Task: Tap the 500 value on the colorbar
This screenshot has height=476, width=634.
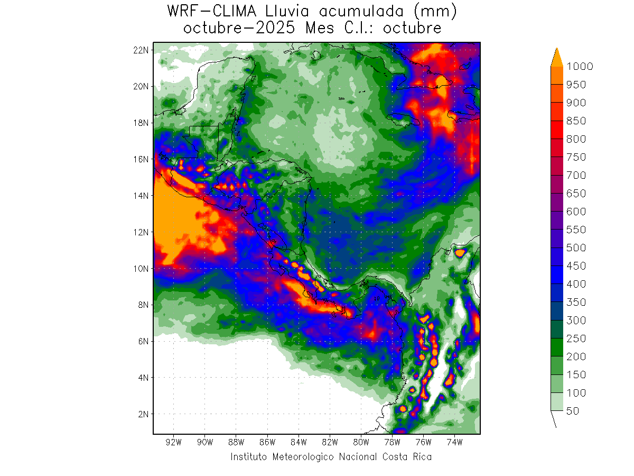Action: tap(576, 248)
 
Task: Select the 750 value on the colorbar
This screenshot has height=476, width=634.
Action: tap(576, 158)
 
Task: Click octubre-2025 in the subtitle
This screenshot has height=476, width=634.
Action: tap(241, 28)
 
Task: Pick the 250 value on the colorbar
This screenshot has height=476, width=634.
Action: tap(576, 338)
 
